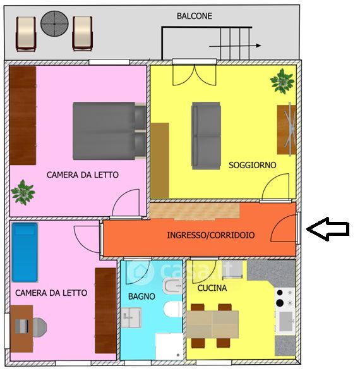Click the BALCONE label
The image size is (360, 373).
click(x=195, y=16)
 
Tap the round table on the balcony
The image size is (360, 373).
click(x=54, y=23)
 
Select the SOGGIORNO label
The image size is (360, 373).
click(x=253, y=165)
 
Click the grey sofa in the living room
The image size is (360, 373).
click(x=206, y=136)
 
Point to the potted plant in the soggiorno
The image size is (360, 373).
click(x=282, y=81)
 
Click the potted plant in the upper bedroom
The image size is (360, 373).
click(x=23, y=192)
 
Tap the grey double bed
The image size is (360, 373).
click(x=109, y=131)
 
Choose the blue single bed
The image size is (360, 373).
click(x=25, y=252)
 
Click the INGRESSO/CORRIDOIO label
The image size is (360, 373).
click(x=211, y=235)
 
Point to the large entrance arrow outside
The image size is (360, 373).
click(x=328, y=229)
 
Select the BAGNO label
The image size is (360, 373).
click(x=141, y=296)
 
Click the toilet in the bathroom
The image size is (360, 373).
click(x=173, y=309)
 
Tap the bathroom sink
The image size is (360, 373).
click(x=131, y=317)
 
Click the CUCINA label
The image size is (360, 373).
click(x=212, y=288)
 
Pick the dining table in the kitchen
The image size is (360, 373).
click(x=212, y=324)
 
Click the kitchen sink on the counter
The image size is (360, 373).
click(x=285, y=321)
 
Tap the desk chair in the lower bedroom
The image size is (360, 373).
click(x=39, y=327)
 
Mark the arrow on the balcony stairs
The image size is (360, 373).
click(x=235, y=46)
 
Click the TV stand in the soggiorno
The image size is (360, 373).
click(x=286, y=130)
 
